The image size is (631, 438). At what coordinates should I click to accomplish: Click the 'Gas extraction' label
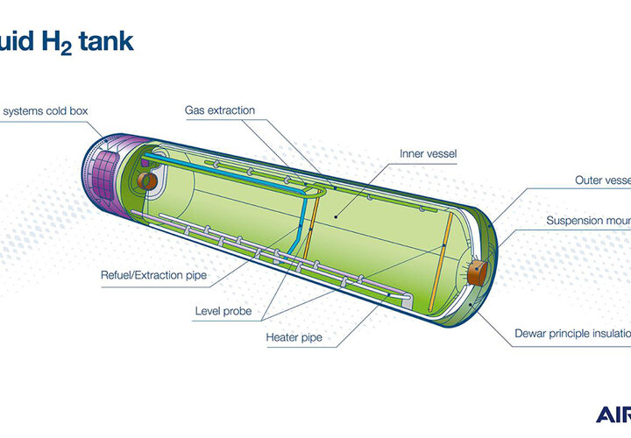[219, 111]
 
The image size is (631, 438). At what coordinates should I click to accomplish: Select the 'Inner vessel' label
[427, 154]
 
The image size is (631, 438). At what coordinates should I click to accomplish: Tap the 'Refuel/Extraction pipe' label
[153, 276]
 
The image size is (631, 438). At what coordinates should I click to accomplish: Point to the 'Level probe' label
[218, 311]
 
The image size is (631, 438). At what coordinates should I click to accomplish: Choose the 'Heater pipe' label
[291, 336]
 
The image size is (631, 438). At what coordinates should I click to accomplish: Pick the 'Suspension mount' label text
[588, 221]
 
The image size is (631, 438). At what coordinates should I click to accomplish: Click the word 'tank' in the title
[103, 41]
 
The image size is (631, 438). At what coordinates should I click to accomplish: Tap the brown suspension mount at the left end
[145, 180]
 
